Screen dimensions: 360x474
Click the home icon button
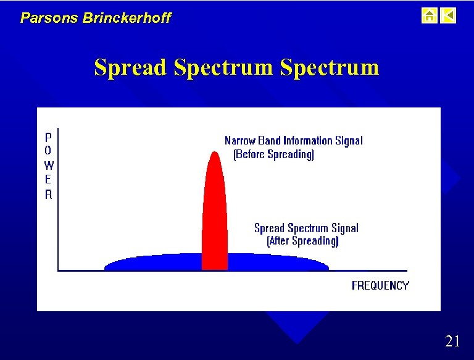coord(429,15)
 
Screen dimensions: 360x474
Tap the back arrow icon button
coord(449,15)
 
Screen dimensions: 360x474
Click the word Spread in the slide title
coord(130,67)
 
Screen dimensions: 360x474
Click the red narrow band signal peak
coord(215,210)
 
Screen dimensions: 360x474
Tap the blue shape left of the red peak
coord(154,263)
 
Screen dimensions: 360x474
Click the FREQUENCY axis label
coord(380,285)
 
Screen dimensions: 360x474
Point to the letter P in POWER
coord(49,136)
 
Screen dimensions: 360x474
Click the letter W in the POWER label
coord(49,165)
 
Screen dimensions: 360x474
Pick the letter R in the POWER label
coord(49,195)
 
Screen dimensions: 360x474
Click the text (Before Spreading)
coord(273,154)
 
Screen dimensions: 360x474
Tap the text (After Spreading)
coord(302,241)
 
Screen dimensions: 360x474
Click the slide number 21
coord(452,341)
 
